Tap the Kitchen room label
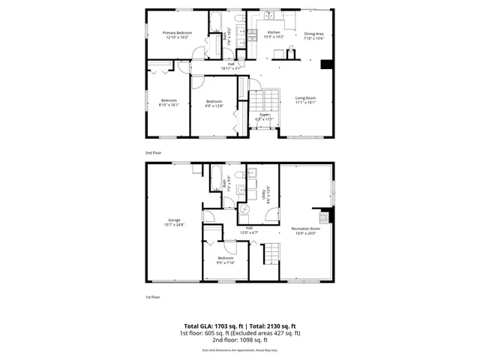pos(274,33)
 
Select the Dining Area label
pos(313,33)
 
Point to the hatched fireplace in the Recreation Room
pos(325,218)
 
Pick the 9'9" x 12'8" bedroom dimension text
pos(214,105)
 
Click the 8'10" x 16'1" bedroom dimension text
pos(168,105)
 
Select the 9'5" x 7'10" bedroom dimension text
pos(226,262)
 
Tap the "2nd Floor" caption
pos(153,151)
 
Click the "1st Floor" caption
pos(153,298)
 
